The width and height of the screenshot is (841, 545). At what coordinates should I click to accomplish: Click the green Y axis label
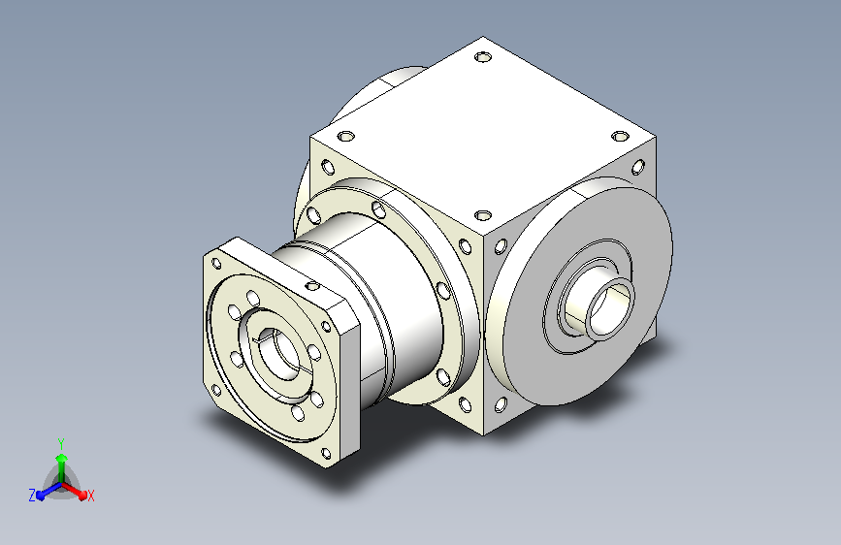[61, 443]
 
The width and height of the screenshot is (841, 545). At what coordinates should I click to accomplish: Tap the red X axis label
[91, 496]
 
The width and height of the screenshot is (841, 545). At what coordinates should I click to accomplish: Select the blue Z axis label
[32, 496]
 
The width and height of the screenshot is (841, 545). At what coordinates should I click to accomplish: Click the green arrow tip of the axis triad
[62, 458]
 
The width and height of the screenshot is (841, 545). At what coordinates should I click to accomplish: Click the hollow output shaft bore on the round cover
[610, 308]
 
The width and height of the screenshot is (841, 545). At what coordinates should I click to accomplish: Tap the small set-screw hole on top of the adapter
[312, 285]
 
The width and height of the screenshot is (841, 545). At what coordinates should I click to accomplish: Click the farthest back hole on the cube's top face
[483, 56]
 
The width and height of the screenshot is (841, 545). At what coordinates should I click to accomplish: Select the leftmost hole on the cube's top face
[346, 136]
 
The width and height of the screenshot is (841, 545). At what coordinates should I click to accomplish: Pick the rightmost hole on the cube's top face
[620, 136]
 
